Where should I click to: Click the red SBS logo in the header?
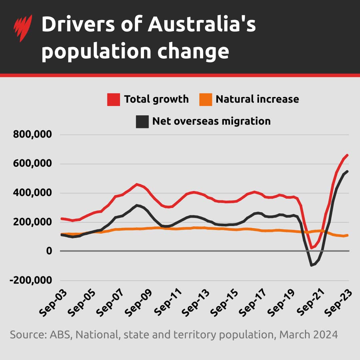23,28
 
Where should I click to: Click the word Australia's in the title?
202,25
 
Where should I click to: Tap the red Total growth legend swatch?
113,99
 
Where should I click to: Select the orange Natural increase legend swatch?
205,99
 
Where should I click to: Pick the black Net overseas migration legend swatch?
142,121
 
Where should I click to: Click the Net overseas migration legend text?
211,121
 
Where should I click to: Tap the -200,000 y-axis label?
31,280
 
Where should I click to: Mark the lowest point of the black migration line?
311,265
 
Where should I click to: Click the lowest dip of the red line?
311,248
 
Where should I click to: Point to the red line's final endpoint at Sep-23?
348,155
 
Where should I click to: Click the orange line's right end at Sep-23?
348,235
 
